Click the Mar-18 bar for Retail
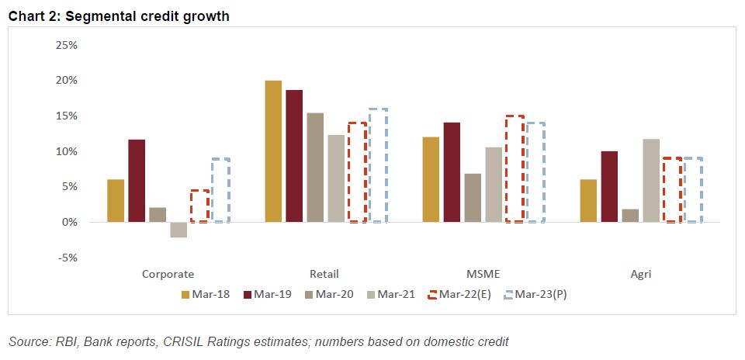[273, 151]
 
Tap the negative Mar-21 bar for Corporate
[178, 230]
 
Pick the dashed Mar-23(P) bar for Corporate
[220, 190]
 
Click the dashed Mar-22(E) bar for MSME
[515, 169]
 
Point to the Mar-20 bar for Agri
[630, 216]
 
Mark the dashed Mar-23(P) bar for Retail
[378, 165]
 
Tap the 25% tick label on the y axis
[67, 45]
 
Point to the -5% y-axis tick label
[68, 258]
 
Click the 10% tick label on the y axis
[67, 151]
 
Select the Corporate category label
[168, 274]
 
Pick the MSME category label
[483, 274]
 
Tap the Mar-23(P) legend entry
[536, 294]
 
